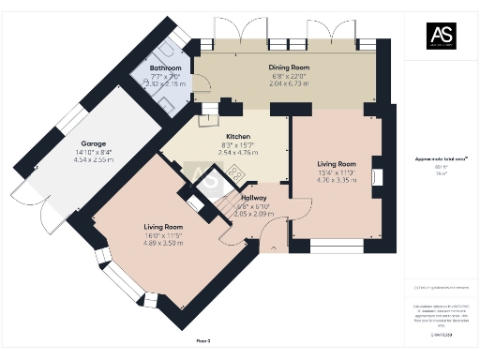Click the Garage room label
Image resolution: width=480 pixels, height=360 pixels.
pos(93,151)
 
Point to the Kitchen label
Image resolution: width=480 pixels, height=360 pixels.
pos(211,136)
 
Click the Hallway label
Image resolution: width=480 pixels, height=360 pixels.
pos(253,198)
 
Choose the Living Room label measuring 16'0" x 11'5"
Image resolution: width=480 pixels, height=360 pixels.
pos(163,227)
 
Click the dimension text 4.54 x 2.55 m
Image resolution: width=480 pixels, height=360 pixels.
pos(93,160)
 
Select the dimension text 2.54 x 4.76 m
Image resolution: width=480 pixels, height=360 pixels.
pos(211,151)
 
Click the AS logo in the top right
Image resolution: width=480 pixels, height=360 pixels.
pos(441,36)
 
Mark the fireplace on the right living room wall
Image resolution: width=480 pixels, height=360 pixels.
pos(377,178)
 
